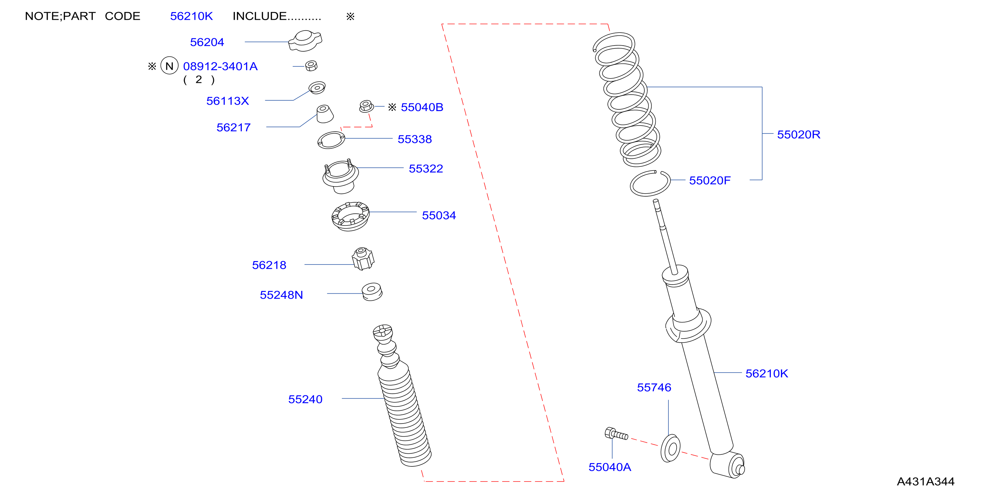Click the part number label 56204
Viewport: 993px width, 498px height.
(x=207, y=42)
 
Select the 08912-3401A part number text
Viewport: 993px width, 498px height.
(x=220, y=66)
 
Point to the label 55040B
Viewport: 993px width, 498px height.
(x=422, y=107)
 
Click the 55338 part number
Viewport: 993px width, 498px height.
(x=415, y=139)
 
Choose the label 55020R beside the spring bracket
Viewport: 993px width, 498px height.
(x=799, y=135)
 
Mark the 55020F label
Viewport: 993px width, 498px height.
(x=710, y=181)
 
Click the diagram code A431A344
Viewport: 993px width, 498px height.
(x=926, y=482)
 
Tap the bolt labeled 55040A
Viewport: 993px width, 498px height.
(x=616, y=434)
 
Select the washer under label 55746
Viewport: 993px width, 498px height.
(x=670, y=448)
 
